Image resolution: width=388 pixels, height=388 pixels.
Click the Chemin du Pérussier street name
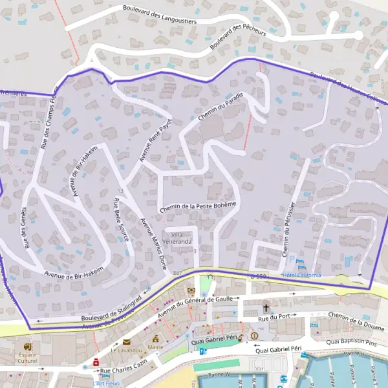click(289, 230)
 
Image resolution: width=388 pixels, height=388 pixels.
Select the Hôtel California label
click(301, 275)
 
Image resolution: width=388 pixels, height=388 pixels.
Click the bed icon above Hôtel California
click(300, 264)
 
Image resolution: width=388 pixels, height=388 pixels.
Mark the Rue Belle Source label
click(122, 224)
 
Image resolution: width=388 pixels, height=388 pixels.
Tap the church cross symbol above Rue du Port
click(265, 308)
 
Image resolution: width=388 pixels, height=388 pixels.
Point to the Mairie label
click(155, 347)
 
